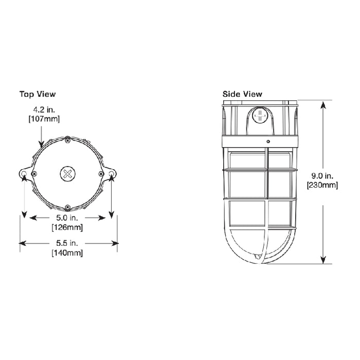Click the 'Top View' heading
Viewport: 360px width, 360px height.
click(x=38, y=94)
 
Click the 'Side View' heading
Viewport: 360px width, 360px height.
click(x=242, y=94)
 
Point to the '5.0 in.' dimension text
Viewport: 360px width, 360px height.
click(x=68, y=218)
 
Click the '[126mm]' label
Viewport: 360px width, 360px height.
click(x=68, y=227)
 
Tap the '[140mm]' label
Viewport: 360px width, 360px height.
click(x=67, y=253)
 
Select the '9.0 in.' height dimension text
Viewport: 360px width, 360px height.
click(x=322, y=176)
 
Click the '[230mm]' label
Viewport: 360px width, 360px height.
click(x=322, y=185)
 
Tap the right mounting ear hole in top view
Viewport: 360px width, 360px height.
click(x=112, y=176)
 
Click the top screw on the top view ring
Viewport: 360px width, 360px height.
click(x=68, y=138)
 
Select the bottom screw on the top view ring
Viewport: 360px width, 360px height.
click(x=68, y=208)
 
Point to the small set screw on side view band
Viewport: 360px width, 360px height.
click(x=267, y=140)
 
